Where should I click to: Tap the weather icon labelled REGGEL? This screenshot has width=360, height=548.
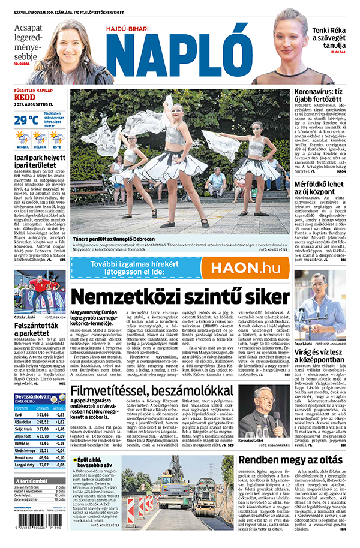(x=23, y=138)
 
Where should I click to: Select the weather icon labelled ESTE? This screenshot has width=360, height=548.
(x=57, y=138)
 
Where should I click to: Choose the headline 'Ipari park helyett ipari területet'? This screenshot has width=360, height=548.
(x=38, y=163)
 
